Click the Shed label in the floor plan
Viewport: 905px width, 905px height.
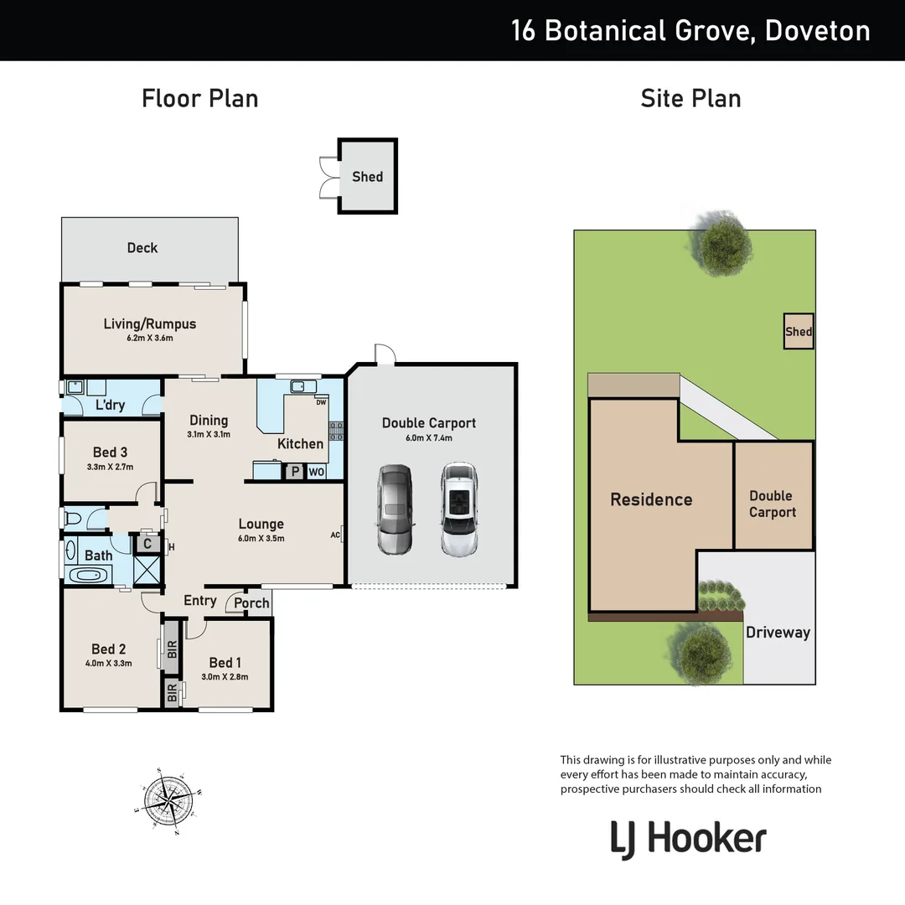click(367, 176)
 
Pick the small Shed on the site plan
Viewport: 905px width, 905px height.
click(798, 332)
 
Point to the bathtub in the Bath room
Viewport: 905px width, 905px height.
click(87, 576)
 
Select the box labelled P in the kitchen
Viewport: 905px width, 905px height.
click(295, 472)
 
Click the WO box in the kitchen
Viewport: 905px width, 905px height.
click(316, 472)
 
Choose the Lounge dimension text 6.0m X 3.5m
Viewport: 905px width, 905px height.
click(261, 539)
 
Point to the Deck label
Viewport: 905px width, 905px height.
click(142, 247)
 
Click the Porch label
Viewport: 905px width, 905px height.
click(251, 602)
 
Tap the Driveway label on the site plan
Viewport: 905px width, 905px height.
click(778, 633)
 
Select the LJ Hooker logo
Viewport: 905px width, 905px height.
click(689, 839)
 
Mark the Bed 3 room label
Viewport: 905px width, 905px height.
click(110, 452)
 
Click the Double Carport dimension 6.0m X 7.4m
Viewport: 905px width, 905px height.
click(428, 438)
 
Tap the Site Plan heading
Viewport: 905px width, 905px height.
click(690, 98)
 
